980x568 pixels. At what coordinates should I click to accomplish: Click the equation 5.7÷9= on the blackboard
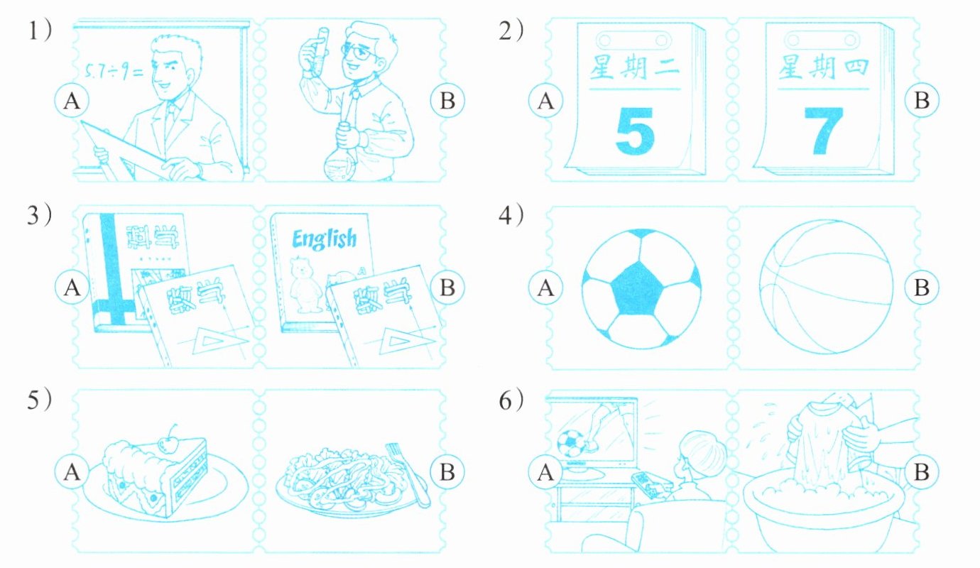(x=114, y=72)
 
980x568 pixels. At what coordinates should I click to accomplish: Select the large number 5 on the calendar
(x=635, y=131)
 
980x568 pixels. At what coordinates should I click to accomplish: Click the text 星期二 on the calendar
(x=635, y=68)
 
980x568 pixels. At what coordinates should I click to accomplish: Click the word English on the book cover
(x=325, y=239)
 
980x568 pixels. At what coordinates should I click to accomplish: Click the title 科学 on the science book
(x=153, y=237)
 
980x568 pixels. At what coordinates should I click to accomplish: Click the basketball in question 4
(x=826, y=286)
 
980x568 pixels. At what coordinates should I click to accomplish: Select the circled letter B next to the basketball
(x=921, y=288)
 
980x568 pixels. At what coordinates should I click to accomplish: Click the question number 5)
(x=39, y=400)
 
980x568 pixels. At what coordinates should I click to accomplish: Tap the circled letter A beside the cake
(x=72, y=472)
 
